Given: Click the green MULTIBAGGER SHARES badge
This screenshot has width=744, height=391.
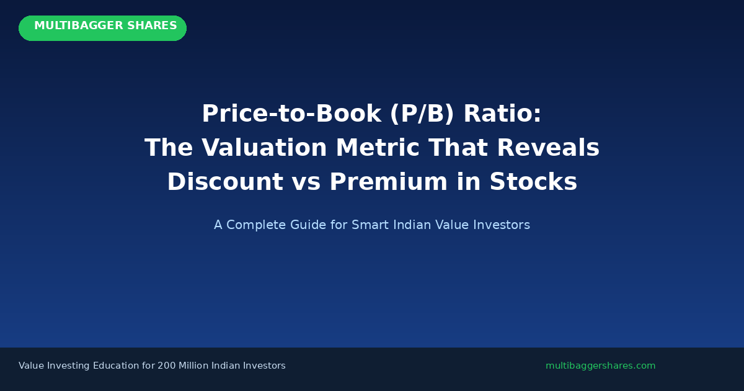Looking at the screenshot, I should coord(102,28).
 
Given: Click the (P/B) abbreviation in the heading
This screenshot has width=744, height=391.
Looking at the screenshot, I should coord(422,114).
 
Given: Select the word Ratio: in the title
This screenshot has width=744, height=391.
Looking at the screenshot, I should coord(502,114).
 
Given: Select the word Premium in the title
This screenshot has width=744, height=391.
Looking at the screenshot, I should coord(397,182).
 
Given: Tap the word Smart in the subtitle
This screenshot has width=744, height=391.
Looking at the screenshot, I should coord(368,225).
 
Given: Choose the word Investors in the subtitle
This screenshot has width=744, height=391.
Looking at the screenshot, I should coord(502,225).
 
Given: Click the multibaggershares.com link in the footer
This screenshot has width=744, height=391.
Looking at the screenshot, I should coord(600,366).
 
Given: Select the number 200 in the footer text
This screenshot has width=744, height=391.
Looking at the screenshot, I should coord(167,366).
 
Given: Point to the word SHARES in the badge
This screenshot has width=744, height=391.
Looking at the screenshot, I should coord(152,26).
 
